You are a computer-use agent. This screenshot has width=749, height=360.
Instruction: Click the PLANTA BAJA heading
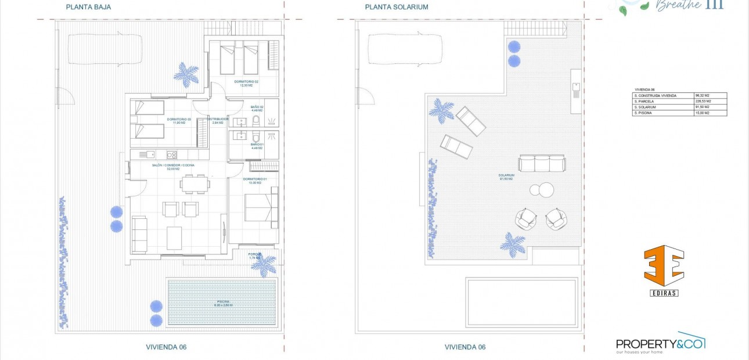click(x=88, y=7)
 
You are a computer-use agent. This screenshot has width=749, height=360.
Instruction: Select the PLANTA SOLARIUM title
click(x=397, y=7)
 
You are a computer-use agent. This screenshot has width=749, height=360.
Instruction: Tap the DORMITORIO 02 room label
click(x=246, y=82)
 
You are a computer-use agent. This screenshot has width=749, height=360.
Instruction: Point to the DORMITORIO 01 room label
click(x=255, y=180)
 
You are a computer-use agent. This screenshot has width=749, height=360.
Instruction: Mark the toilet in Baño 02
click(x=255, y=120)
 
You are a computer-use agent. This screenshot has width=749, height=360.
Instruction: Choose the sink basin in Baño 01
click(x=240, y=138)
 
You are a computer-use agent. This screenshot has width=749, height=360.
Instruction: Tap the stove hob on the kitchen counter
click(x=172, y=154)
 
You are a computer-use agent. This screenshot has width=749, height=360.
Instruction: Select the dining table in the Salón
click(x=195, y=184)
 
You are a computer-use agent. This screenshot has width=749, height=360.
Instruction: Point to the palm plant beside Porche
click(x=264, y=265)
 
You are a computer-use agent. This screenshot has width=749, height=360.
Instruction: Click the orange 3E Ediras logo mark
click(x=664, y=267)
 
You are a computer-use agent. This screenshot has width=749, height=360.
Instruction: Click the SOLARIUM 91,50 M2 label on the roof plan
click(x=506, y=177)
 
